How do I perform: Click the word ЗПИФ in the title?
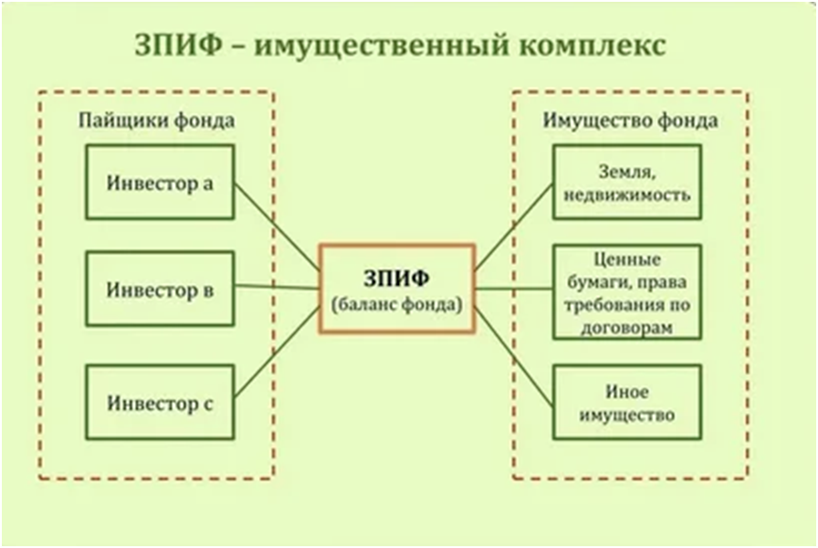click(x=180, y=47)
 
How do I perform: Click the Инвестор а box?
click(x=160, y=182)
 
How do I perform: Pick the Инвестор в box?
click(x=160, y=290)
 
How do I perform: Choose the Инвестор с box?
click(x=160, y=401)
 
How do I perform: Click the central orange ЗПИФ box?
click(x=397, y=289)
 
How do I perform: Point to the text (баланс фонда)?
click(x=397, y=304)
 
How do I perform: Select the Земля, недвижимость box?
click(x=627, y=182)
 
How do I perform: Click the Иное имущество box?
click(x=627, y=402)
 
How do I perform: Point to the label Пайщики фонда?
click(x=156, y=121)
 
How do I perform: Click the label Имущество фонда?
click(x=631, y=121)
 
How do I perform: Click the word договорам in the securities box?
click(x=627, y=326)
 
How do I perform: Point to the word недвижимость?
click(x=627, y=195)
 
